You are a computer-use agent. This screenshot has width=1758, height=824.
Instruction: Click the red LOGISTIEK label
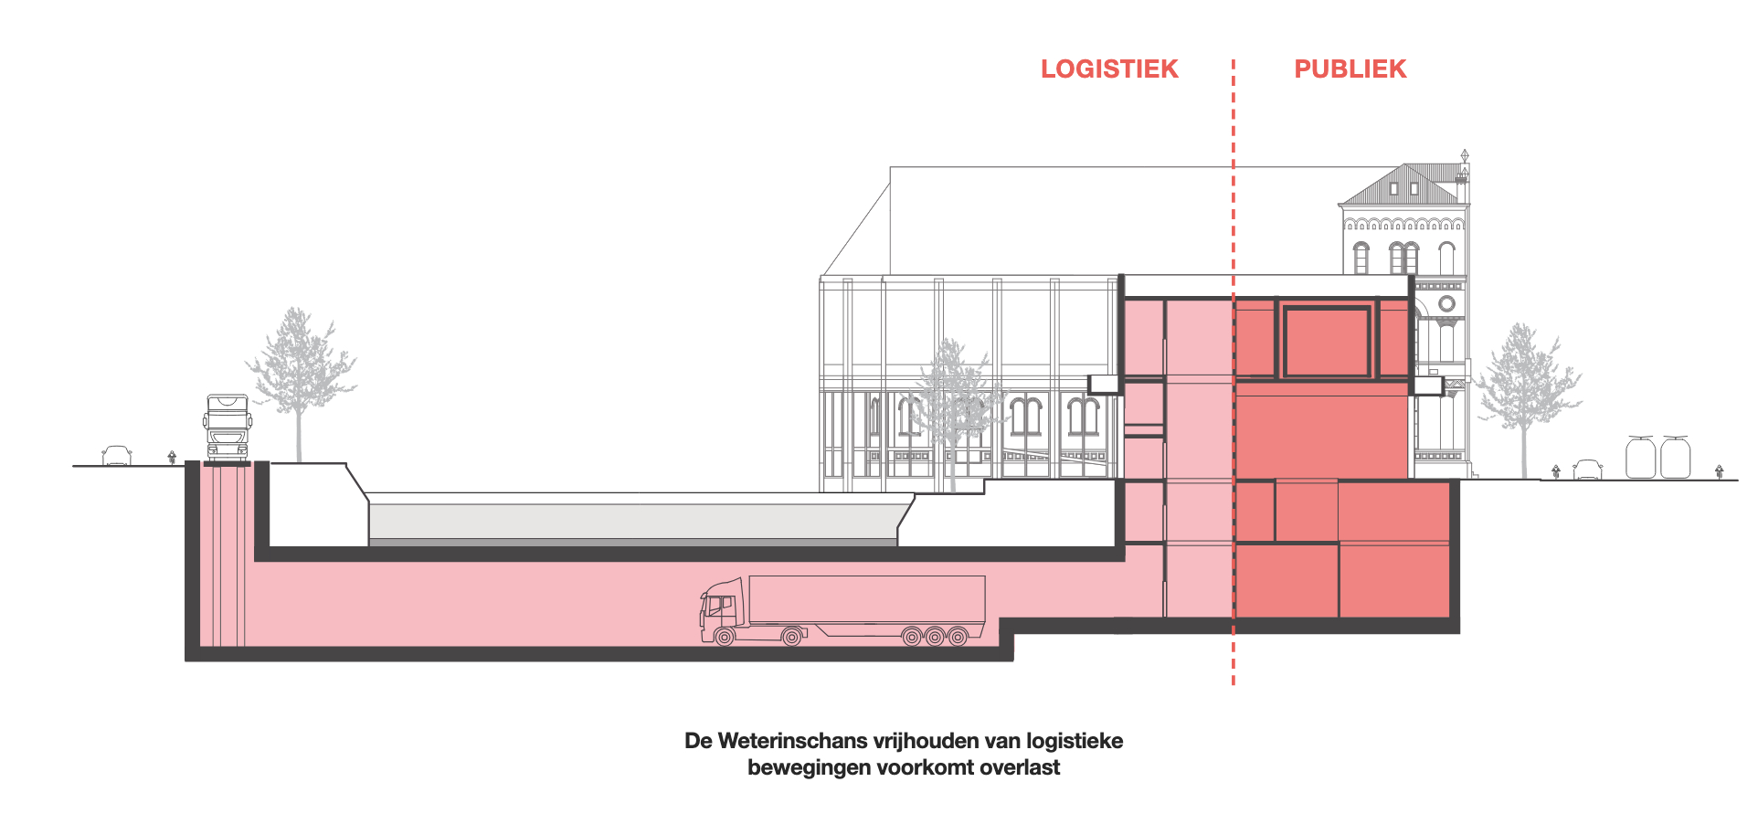tap(1109, 69)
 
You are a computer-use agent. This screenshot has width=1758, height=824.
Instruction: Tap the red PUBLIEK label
tap(1350, 69)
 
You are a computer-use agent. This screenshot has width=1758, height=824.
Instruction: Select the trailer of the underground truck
tap(866, 601)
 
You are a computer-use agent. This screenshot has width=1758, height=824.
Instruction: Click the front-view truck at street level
tap(228, 428)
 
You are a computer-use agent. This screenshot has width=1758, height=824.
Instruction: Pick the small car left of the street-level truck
tap(117, 455)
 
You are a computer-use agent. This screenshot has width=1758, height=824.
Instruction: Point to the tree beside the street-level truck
tap(299, 375)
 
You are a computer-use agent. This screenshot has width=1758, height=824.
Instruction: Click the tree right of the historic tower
tap(1522, 384)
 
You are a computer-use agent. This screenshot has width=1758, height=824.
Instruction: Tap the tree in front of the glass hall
tap(952, 402)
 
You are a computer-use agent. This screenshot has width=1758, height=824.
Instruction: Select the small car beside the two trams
tap(1588, 469)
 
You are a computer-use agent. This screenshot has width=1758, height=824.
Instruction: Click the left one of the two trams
tap(1641, 458)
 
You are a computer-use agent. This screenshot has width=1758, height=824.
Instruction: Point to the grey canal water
tap(630, 521)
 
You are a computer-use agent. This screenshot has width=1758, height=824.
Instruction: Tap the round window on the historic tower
tap(1446, 303)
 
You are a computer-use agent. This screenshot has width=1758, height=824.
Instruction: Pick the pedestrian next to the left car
tap(172, 457)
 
